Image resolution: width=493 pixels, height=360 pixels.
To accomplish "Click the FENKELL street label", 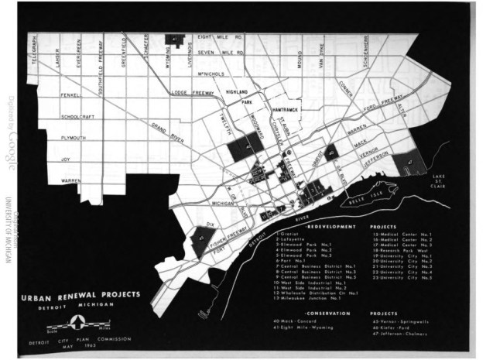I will click(x=71, y=96).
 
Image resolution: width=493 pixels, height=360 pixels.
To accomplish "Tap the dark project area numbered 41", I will click(x=176, y=39).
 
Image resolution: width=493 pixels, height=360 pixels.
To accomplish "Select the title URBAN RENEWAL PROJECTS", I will click(x=81, y=294).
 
